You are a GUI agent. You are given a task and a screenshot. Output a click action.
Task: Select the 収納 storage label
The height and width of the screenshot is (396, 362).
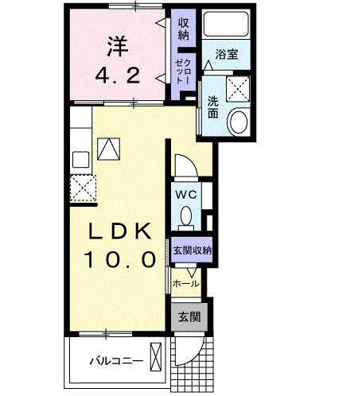click(x=184, y=29)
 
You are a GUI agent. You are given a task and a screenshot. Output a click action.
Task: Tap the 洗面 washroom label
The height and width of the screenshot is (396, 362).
click(x=213, y=107)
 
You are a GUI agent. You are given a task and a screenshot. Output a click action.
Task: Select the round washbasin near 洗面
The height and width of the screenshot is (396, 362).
click(x=237, y=122)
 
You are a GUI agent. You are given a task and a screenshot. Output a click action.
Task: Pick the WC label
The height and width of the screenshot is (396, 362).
click(x=185, y=193)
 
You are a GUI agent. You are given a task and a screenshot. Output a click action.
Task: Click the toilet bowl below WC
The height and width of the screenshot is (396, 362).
click(x=185, y=215)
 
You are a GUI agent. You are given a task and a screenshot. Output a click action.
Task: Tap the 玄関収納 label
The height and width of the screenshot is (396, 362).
click(x=193, y=250)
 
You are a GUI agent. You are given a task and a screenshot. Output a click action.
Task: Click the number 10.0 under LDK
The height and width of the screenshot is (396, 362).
click(x=119, y=260)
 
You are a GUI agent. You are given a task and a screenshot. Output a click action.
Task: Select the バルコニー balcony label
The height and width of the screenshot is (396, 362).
click(x=116, y=361)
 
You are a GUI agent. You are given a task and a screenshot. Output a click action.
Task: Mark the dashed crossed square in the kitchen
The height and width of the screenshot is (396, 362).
click(x=83, y=189)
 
